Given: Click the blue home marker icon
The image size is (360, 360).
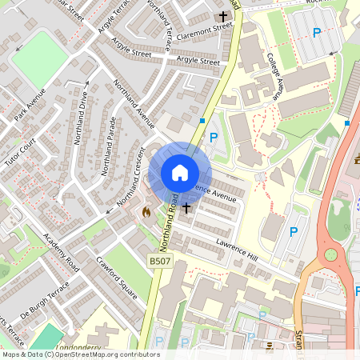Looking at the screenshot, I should (x=180, y=172).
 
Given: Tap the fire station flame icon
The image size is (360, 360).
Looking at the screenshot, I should (x=146, y=212).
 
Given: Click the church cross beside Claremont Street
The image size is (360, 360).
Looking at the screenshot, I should (x=223, y=17).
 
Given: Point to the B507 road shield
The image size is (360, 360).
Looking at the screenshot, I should (x=160, y=260).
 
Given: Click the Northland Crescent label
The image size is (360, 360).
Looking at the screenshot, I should (x=132, y=180).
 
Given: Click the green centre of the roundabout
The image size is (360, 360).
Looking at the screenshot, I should (x=330, y=256).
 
